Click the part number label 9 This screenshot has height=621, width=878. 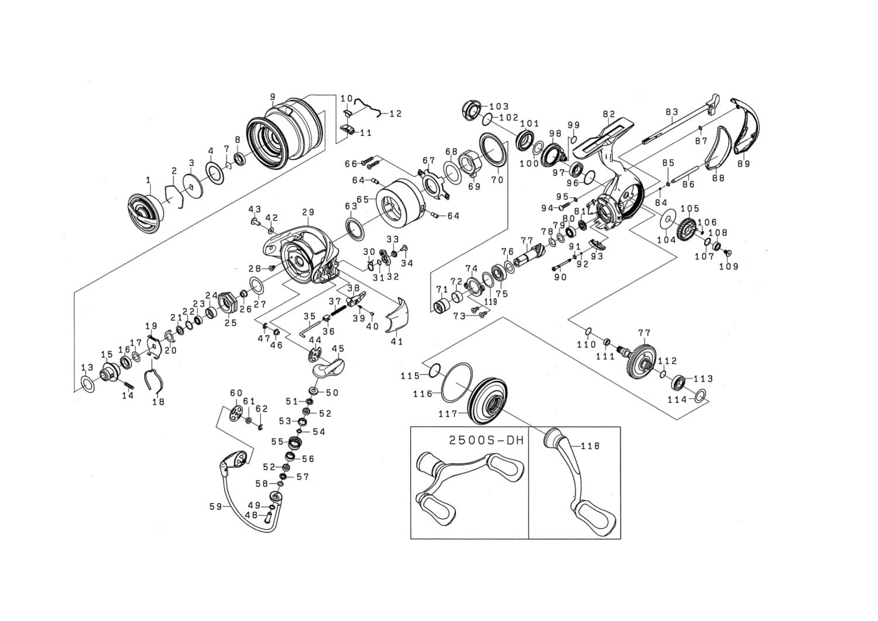[x=273, y=96]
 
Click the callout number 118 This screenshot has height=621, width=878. [x=591, y=445]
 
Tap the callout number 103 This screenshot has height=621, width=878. [x=499, y=107]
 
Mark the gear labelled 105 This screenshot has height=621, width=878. [x=685, y=231]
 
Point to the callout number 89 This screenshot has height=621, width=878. [x=743, y=164]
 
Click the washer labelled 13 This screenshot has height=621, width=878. [x=87, y=386]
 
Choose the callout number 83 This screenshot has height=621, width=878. [x=671, y=111]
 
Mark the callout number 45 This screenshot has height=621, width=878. [x=338, y=349]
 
